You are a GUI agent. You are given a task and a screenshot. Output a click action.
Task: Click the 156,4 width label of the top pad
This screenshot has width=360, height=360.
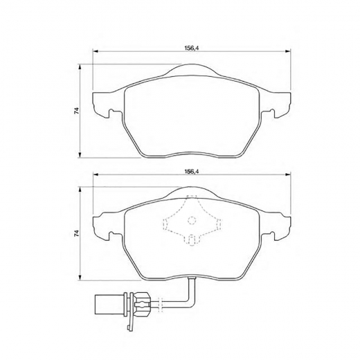[188, 47]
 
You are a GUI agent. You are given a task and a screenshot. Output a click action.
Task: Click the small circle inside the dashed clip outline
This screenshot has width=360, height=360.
[190, 222]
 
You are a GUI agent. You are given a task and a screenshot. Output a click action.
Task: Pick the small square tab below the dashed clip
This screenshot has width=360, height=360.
[190, 241]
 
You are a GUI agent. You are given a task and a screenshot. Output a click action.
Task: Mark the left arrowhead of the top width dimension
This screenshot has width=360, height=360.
[96, 52]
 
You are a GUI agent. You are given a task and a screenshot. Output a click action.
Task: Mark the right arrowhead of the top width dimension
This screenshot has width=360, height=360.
[286, 52]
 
